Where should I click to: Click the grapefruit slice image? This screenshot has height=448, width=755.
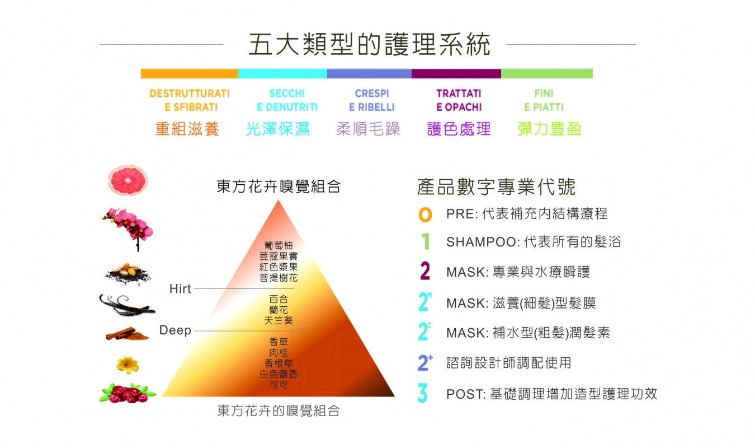[x=128, y=181]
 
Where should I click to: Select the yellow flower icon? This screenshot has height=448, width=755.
[x=128, y=365]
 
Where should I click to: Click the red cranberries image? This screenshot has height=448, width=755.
[x=128, y=393]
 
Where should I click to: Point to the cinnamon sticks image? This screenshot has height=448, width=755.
[x=127, y=334]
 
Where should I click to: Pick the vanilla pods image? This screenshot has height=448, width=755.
[x=127, y=305]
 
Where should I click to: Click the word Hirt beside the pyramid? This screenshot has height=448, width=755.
[x=180, y=288]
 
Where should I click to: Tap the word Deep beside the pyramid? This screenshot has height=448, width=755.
[x=175, y=330]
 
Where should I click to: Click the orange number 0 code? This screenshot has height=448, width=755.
[x=425, y=214]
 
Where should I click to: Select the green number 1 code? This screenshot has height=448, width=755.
[x=426, y=241]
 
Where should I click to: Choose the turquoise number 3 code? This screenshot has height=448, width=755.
[x=423, y=393]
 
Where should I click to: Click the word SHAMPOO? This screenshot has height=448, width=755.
[x=481, y=242]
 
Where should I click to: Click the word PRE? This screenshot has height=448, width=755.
[x=460, y=214]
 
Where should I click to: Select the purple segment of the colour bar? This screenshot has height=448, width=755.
[x=456, y=73]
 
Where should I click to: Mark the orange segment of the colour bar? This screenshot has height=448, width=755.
[x=190, y=73]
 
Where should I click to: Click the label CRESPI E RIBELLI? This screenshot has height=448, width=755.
[x=372, y=100]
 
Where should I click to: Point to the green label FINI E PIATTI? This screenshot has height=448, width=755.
[x=544, y=100]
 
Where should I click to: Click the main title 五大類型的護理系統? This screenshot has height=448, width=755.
[x=369, y=44]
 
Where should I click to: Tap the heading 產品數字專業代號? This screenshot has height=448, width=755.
[x=496, y=186]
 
